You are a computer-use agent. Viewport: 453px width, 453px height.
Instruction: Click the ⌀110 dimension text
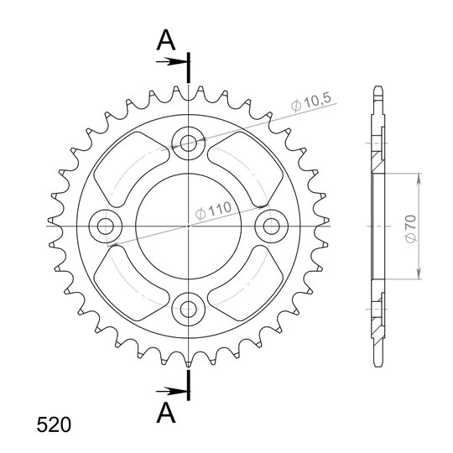click(x=213, y=210)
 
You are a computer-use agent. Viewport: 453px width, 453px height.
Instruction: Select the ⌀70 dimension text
click(x=410, y=228)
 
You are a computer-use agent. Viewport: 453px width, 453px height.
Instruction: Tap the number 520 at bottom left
click(x=54, y=425)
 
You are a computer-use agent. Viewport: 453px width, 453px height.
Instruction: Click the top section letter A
click(x=166, y=40)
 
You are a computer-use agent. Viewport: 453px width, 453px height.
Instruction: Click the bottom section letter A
click(x=166, y=413)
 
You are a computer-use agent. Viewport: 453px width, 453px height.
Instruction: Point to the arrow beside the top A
click(x=172, y=61)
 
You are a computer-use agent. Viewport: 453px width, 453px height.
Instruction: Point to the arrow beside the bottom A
click(x=172, y=392)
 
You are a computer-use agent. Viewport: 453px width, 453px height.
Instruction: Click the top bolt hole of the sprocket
click(x=189, y=143)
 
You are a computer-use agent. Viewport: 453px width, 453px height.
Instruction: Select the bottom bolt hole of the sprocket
click(x=189, y=309)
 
